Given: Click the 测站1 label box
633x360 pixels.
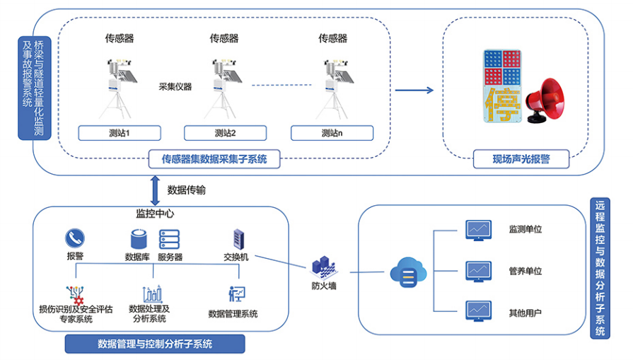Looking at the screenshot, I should [120, 133].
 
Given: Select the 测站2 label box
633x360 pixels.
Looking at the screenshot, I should [225, 133].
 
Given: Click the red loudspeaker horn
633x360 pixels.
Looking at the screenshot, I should [547, 100].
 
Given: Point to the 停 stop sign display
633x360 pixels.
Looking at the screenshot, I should [501, 87].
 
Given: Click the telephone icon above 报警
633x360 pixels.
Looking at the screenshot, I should [75, 238].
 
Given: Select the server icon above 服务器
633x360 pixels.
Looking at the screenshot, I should [169, 239].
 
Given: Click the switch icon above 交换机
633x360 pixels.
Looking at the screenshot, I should [238, 238].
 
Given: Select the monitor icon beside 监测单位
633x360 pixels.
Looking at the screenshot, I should [477, 229].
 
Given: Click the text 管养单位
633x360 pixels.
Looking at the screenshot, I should [525, 271].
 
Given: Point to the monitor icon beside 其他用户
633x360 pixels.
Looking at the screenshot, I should [477, 311].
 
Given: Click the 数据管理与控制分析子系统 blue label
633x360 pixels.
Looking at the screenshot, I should [155, 344].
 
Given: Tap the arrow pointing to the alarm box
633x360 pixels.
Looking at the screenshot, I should [414, 90].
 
